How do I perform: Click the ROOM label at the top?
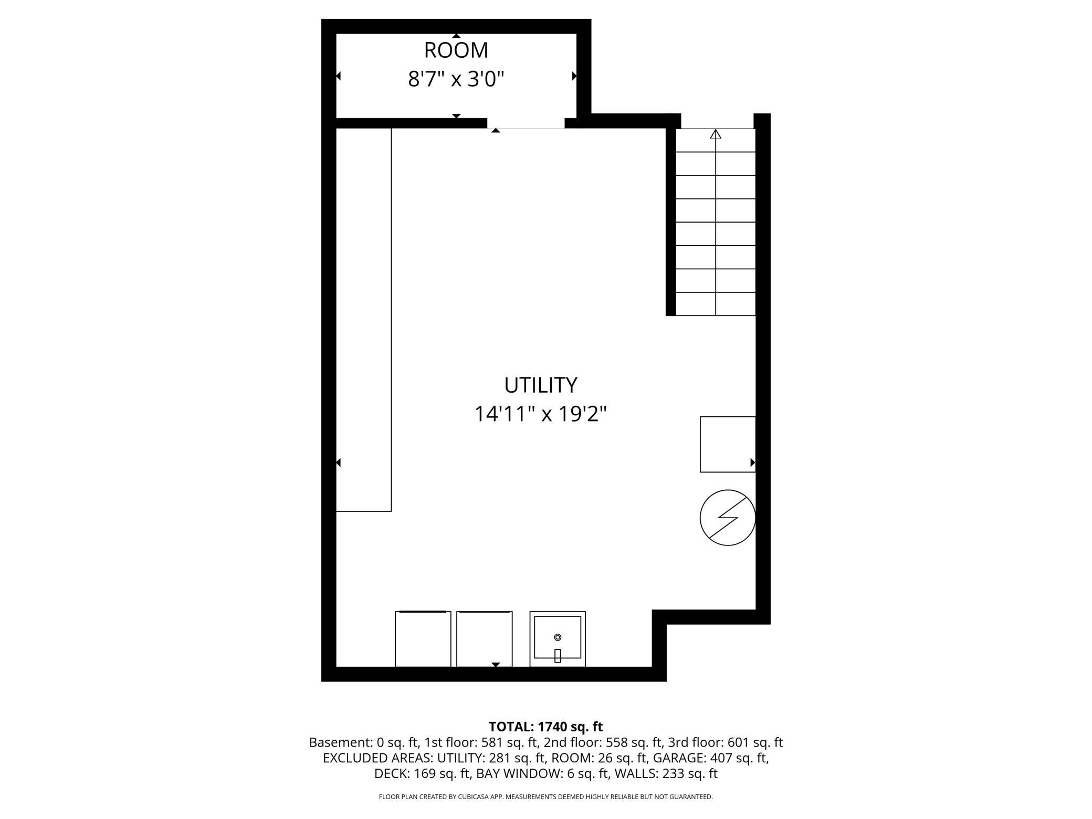tap(456, 50)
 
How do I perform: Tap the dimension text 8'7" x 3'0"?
tap(456, 80)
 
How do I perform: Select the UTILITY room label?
tap(540, 385)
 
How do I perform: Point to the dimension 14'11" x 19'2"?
tap(540, 414)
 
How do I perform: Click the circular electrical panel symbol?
tap(727, 518)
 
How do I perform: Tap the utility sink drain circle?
tap(558, 637)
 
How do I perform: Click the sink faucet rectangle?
tap(558, 656)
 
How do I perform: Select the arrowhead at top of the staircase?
tap(716, 134)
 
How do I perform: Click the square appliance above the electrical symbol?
tap(727, 444)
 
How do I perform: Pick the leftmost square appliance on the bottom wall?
tap(423, 639)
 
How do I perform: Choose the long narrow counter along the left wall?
tap(363, 319)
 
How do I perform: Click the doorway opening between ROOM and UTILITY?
tap(526, 124)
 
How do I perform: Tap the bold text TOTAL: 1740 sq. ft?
tap(545, 727)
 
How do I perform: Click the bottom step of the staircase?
tap(715, 304)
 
